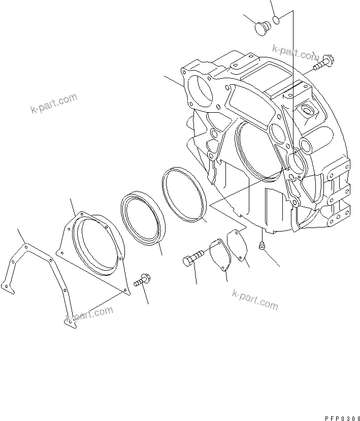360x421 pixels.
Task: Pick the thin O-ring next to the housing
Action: coord(183,194)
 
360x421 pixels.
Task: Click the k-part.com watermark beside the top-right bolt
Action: coord(294,51)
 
